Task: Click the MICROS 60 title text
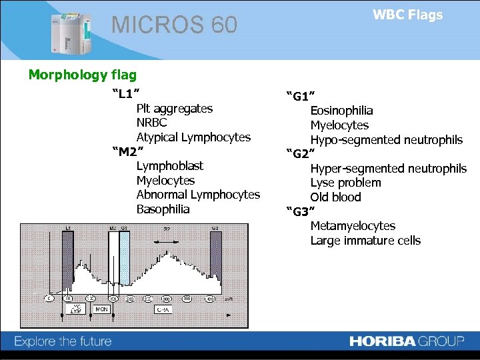pyautogui.click(x=174, y=25)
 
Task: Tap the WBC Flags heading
pyautogui.click(x=407, y=15)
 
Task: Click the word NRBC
pyautogui.click(x=151, y=123)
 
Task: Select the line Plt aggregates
pyautogui.click(x=174, y=108)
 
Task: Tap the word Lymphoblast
pyautogui.click(x=169, y=165)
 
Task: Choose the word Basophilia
pyautogui.click(x=163, y=209)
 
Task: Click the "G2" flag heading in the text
pyautogui.click(x=300, y=154)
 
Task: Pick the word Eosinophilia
pyautogui.click(x=341, y=111)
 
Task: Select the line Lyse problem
pyautogui.click(x=345, y=183)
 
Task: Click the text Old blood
pyautogui.click(x=335, y=197)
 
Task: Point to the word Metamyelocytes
pyautogui.click(x=353, y=226)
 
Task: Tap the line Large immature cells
pyautogui.click(x=365, y=241)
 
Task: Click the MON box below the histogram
pyautogui.click(x=101, y=309)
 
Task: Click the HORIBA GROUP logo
pyautogui.click(x=407, y=341)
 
